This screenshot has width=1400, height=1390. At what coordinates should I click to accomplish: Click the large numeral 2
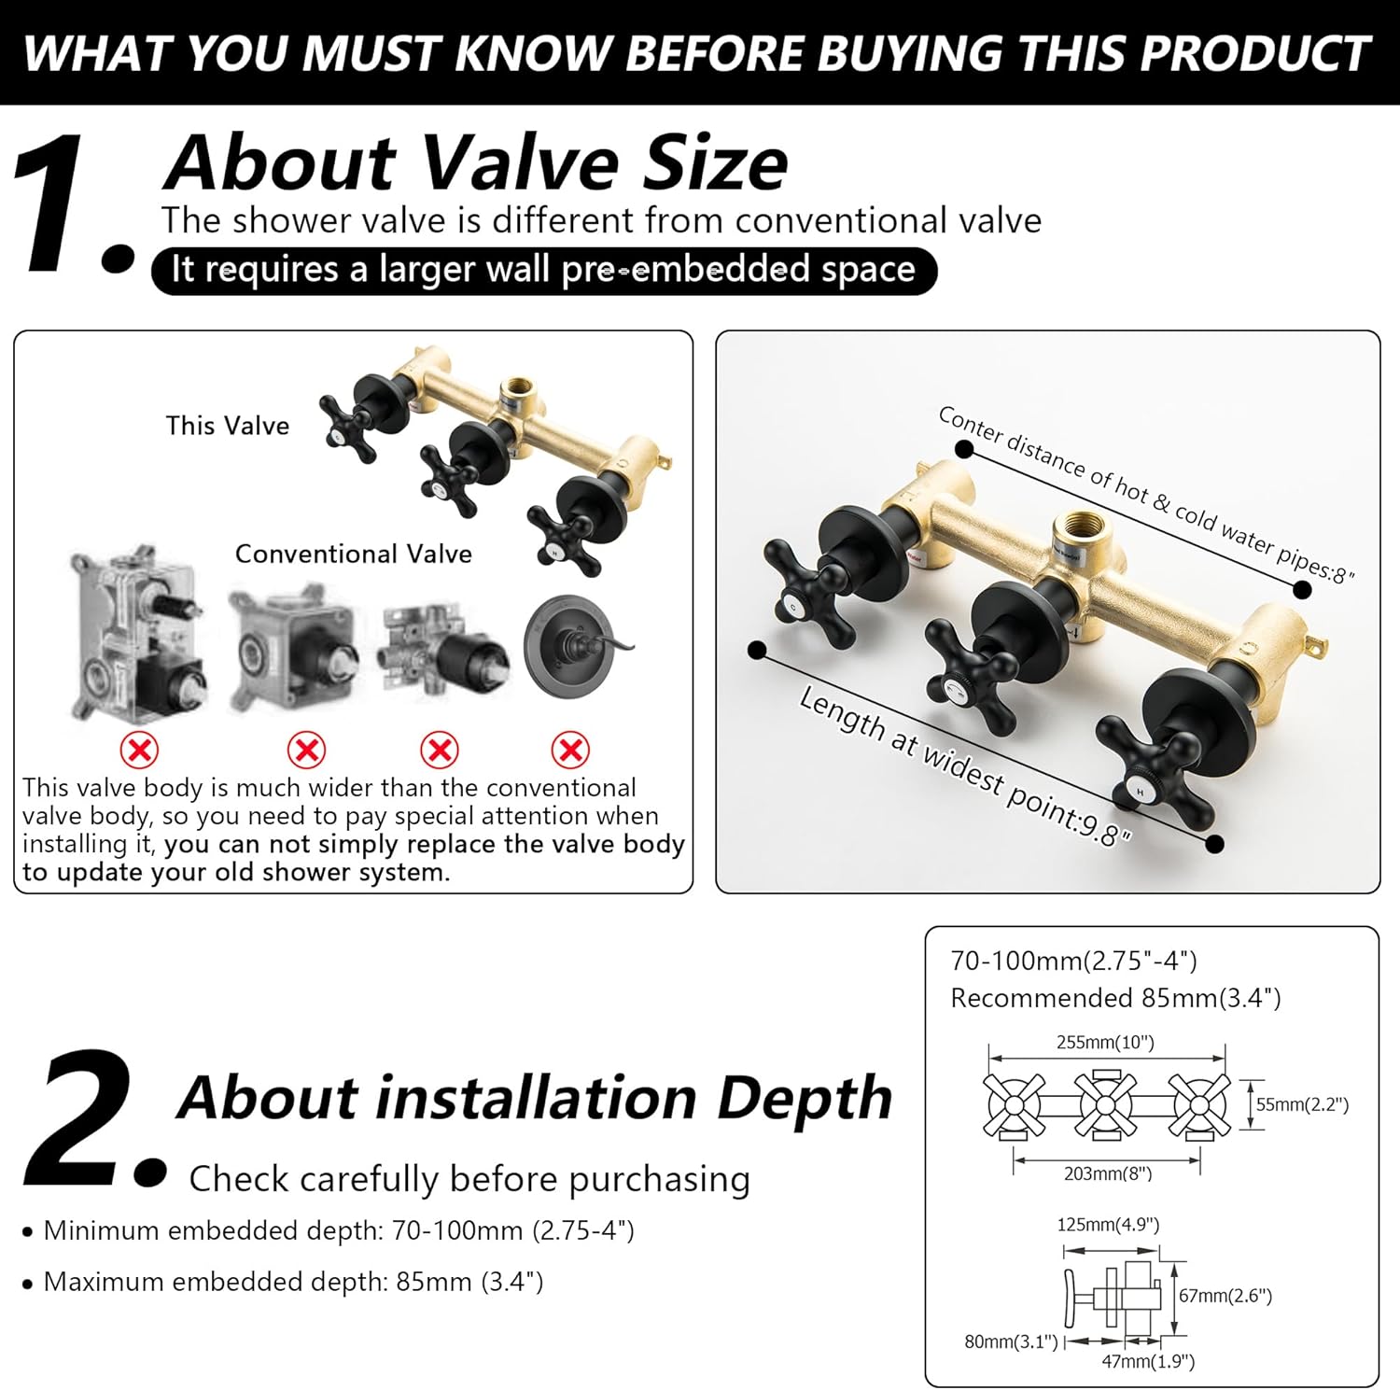coord(93,1117)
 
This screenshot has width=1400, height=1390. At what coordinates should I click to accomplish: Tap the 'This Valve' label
coord(228,426)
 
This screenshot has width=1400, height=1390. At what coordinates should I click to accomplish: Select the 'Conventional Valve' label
coord(353,554)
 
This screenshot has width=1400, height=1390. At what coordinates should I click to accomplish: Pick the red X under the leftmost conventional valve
coord(139,749)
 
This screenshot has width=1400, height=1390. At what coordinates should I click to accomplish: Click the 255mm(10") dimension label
coord(1105,1042)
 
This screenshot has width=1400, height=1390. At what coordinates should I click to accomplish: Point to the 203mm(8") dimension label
coord(1108,1173)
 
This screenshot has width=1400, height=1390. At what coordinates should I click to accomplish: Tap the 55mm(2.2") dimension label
coord(1302,1104)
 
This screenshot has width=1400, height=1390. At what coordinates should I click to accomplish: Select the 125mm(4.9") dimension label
coord(1108,1225)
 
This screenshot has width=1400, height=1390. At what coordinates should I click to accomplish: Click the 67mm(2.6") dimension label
coord(1225,1296)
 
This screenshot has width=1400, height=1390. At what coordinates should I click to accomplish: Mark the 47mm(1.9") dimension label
coord(1148,1362)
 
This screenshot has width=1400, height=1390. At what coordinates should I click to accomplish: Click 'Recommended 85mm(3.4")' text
coord(1115,998)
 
